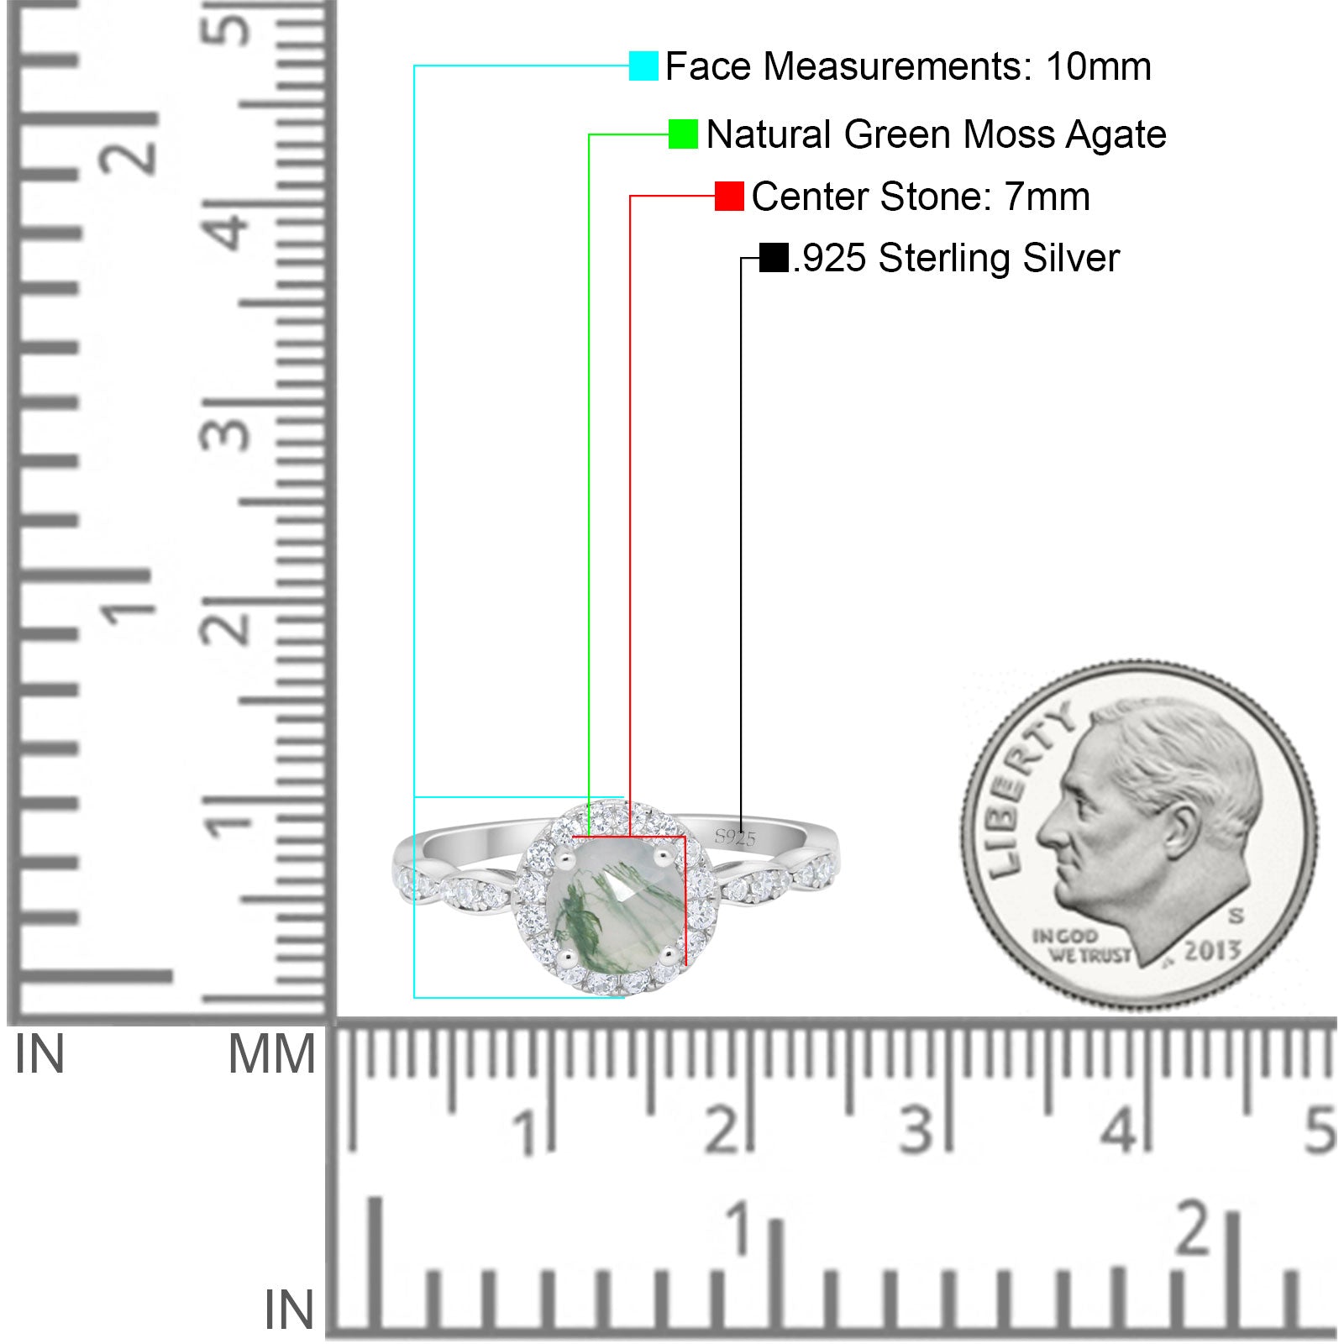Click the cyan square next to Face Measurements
click(643, 66)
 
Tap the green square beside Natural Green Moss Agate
click(683, 134)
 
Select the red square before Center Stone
click(729, 197)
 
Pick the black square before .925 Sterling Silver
click(774, 258)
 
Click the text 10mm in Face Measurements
click(1098, 66)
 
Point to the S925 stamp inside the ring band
click(735, 837)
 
